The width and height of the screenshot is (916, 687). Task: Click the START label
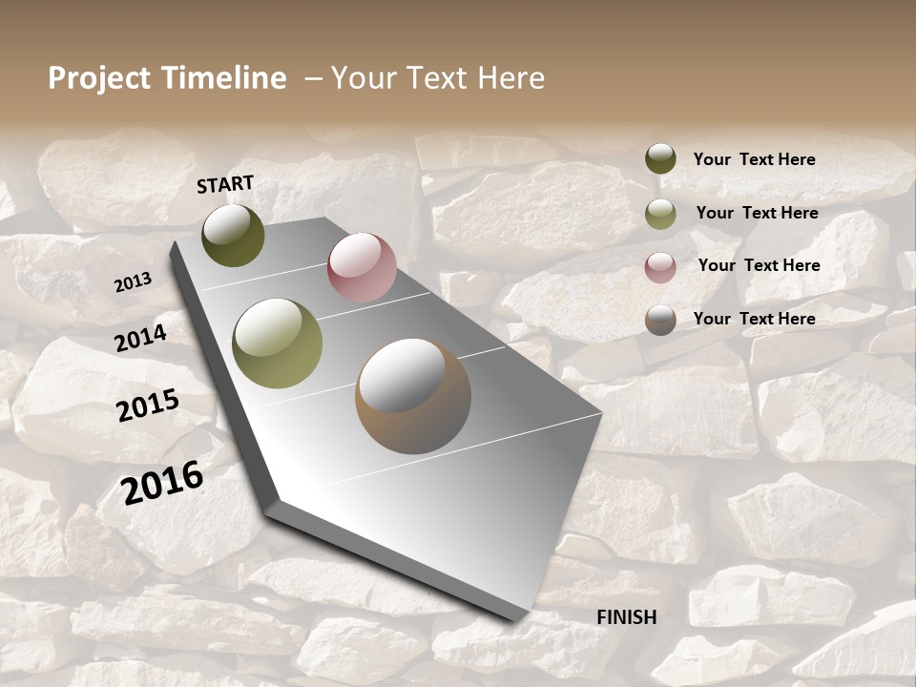(225, 184)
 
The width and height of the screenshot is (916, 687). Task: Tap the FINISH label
(626, 617)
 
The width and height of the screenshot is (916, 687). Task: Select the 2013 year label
(134, 281)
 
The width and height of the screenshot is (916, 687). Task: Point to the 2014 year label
(140, 338)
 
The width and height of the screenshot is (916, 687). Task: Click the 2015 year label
(148, 406)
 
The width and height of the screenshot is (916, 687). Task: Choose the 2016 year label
(163, 482)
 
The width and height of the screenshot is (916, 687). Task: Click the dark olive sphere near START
(233, 235)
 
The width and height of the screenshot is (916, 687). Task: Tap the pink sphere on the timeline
(362, 267)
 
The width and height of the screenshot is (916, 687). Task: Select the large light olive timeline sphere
(278, 343)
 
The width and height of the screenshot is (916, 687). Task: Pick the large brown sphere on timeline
(412, 396)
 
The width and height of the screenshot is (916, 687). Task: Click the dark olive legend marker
(660, 158)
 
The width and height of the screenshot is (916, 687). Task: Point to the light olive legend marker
(660, 214)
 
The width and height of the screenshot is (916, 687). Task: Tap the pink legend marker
(660, 267)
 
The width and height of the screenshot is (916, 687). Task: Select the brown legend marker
(660, 320)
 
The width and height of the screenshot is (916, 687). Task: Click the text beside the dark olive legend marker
(754, 159)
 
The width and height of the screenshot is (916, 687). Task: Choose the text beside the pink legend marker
(759, 265)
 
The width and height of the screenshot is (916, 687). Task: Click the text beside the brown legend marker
(754, 319)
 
